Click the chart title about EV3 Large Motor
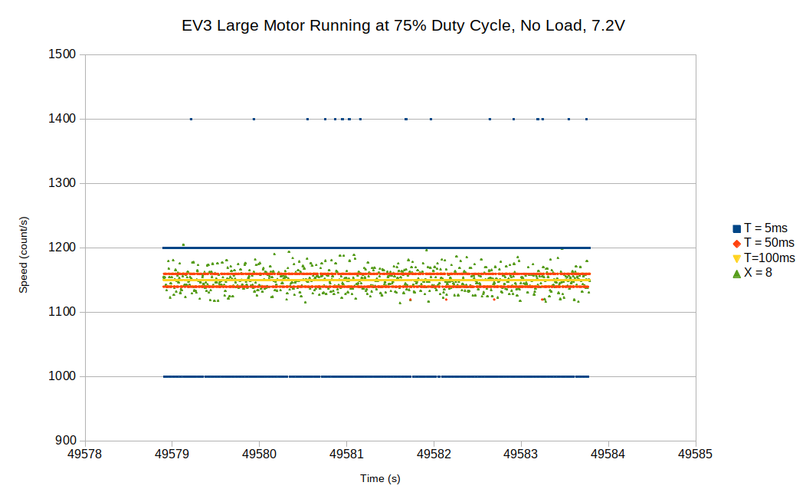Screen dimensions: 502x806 click(x=403, y=26)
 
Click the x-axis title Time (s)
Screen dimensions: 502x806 click(x=380, y=479)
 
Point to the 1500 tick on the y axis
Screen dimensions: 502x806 click(x=62, y=54)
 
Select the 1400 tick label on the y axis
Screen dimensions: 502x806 click(x=62, y=119)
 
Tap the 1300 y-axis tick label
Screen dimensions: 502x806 click(x=62, y=183)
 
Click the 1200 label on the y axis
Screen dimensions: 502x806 click(x=62, y=248)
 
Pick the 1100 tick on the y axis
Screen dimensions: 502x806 click(x=62, y=312)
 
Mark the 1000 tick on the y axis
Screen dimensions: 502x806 click(x=62, y=376)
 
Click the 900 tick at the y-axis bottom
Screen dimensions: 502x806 click(x=65, y=441)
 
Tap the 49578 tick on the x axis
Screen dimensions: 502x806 click(x=85, y=454)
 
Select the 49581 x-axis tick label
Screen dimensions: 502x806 click(x=346, y=454)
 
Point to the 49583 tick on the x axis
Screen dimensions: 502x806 click(x=521, y=454)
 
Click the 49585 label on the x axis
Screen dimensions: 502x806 click(x=696, y=454)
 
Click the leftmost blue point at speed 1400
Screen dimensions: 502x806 click(x=191, y=119)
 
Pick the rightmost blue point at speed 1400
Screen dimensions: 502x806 click(x=586, y=119)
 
